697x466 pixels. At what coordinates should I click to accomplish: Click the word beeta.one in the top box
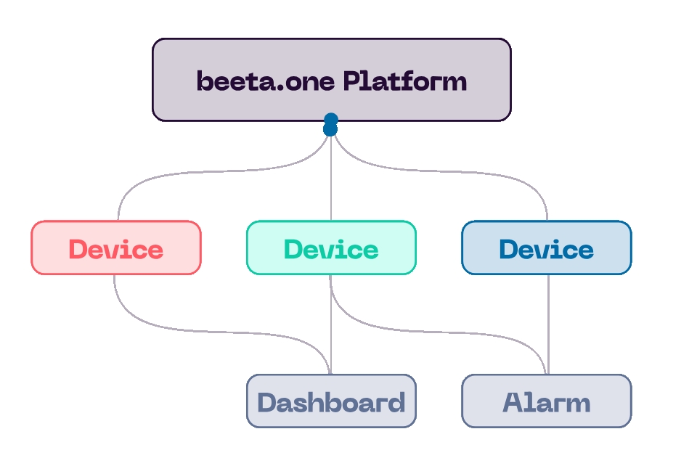(x=266, y=81)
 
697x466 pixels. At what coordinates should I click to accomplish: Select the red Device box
(x=116, y=248)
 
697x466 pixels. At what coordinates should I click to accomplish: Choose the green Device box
(x=331, y=248)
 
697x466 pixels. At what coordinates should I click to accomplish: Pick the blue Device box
(x=547, y=248)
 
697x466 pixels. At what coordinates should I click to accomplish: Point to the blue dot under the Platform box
(x=331, y=125)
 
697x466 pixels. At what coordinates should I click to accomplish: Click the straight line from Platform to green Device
(x=331, y=181)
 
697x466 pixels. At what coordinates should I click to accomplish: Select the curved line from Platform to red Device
(x=218, y=172)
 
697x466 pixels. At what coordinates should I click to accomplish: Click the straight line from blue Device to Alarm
(x=548, y=323)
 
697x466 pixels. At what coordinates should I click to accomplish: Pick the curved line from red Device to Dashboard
(x=218, y=329)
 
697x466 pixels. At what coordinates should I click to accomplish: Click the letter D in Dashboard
(x=266, y=403)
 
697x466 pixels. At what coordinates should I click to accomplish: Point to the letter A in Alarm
(x=513, y=403)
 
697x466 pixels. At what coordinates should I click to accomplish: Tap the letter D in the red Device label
(x=78, y=250)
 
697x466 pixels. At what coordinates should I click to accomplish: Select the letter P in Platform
(x=352, y=81)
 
